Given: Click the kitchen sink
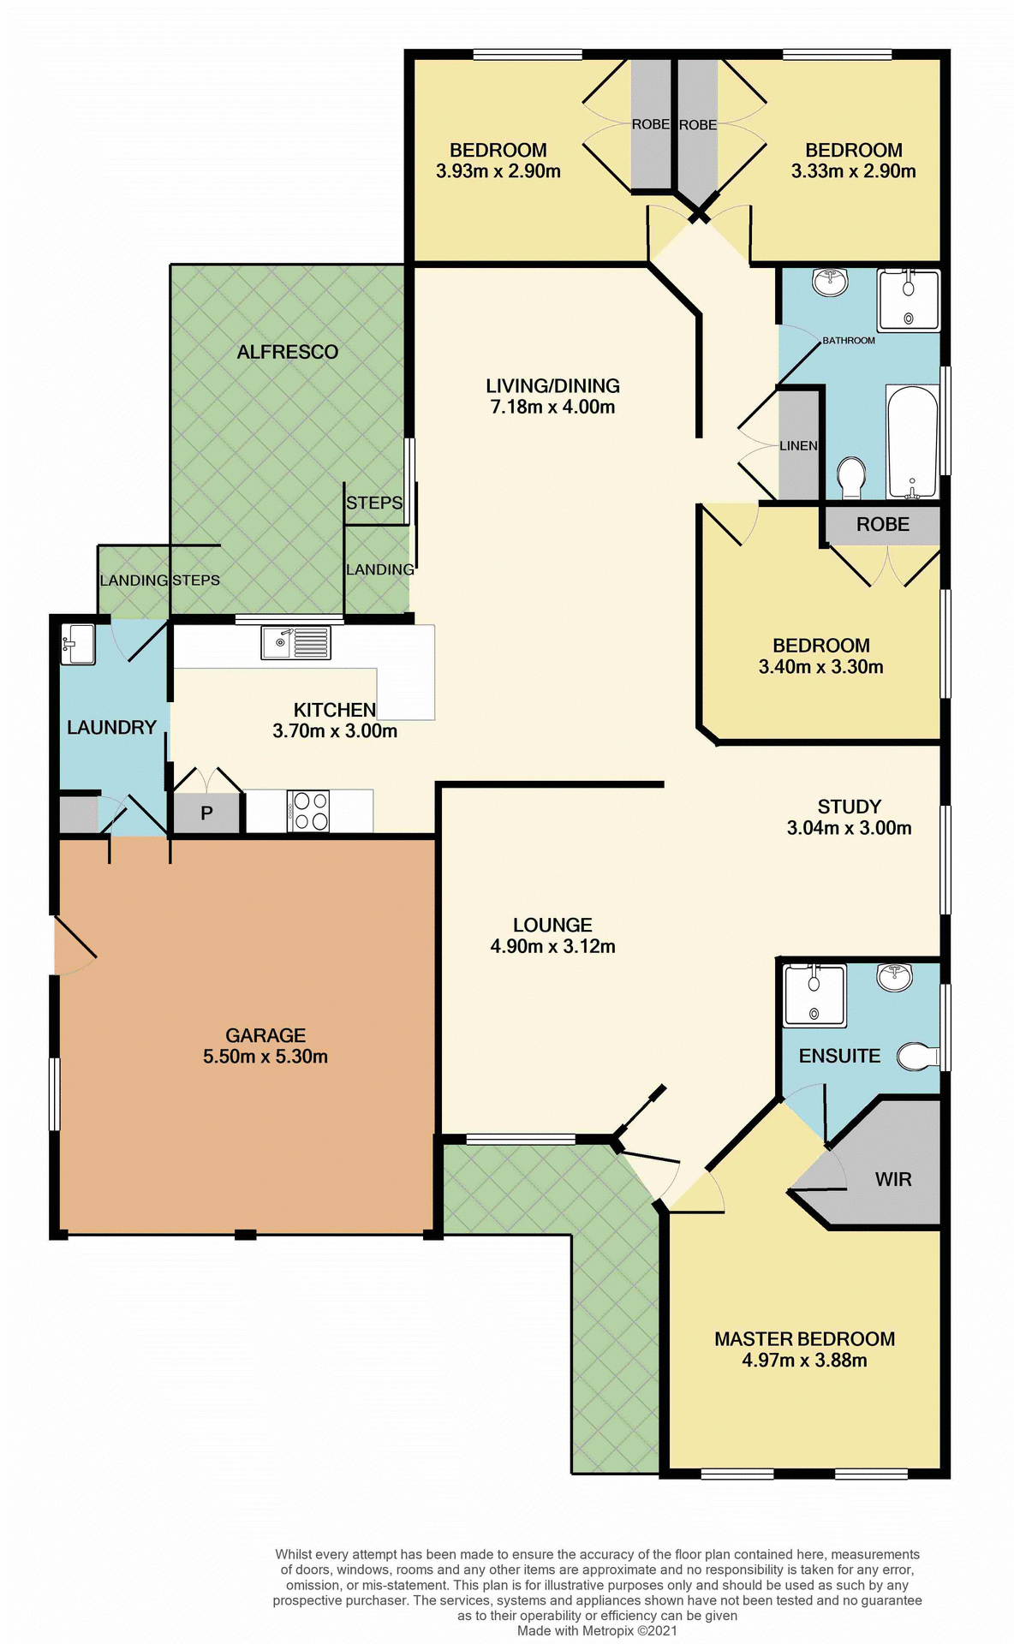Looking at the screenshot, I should (295, 642).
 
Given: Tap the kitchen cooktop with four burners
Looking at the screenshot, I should (309, 811).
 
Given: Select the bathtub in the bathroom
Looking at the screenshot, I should (912, 441).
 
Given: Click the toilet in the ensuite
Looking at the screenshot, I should (916, 1057).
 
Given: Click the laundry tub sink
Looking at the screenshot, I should (78, 644).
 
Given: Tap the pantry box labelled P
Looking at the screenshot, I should (206, 813).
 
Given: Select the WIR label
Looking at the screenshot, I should (893, 1179).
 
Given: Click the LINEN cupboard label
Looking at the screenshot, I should (798, 445).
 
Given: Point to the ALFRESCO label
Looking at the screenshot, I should (288, 352).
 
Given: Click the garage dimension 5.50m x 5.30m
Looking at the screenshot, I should (265, 1057).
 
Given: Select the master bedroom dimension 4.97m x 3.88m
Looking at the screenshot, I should (804, 1361).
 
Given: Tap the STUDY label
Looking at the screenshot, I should (849, 807).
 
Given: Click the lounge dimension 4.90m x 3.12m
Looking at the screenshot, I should (552, 946).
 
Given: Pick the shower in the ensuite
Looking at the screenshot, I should (814, 995).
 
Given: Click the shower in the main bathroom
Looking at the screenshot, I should (909, 300).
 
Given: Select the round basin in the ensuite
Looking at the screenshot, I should (894, 975).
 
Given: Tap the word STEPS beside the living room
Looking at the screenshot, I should (374, 503).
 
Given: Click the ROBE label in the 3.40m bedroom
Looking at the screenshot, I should (882, 524).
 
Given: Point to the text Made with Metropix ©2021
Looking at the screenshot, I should (597, 1630).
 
